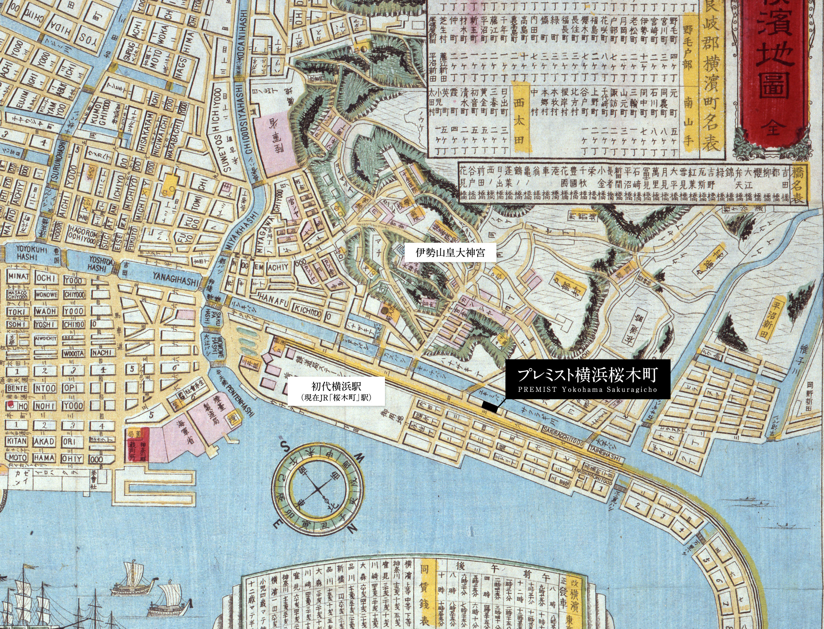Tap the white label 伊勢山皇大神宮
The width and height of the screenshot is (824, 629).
click(x=450, y=253)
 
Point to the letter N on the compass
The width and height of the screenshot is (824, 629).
click(x=351, y=529)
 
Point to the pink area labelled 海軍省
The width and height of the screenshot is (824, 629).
click(x=181, y=438)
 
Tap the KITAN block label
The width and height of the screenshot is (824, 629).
click(x=17, y=441)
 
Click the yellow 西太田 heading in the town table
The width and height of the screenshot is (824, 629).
click(x=519, y=122)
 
